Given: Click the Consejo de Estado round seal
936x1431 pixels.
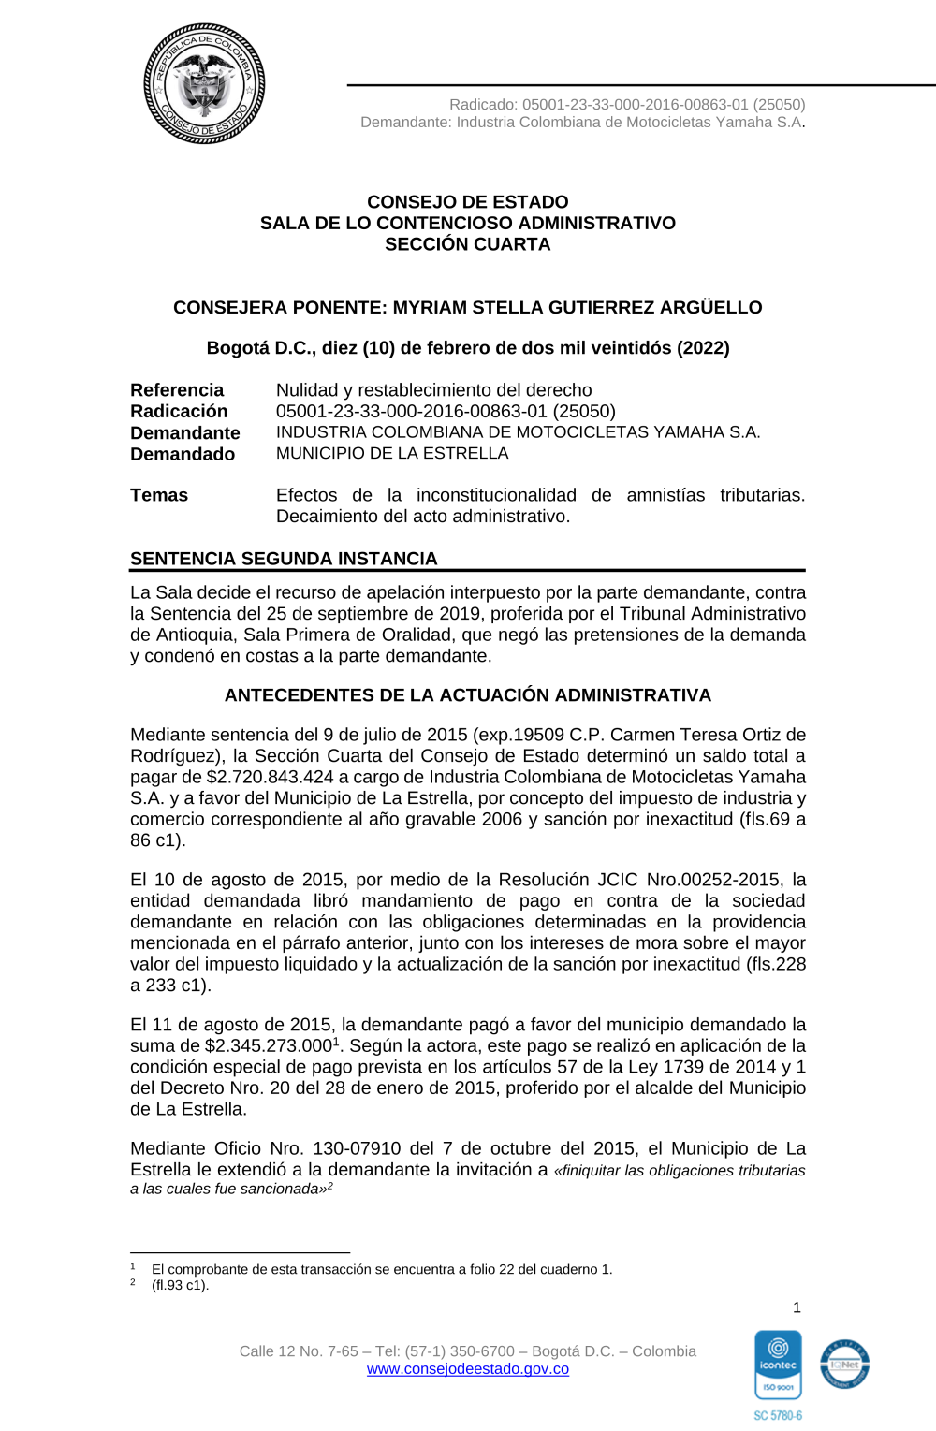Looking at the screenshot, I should tap(204, 84).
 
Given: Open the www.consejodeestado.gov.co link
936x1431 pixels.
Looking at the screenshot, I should tap(468, 1369).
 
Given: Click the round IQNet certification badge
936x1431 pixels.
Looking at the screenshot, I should tap(844, 1364).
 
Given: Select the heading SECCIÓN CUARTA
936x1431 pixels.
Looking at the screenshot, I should tap(468, 244).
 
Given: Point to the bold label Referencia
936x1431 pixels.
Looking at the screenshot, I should tap(177, 390).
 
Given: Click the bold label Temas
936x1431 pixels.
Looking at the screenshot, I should tap(159, 495).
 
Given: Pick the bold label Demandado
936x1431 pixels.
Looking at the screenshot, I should tap(183, 454).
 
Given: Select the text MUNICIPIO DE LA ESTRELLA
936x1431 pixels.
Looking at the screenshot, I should tap(392, 453).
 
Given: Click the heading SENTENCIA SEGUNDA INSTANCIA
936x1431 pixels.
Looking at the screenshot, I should tap(284, 559).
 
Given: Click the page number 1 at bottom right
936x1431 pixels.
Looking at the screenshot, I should tap(797, 1307).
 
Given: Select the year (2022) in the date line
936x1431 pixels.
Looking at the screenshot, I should tap(703, 348).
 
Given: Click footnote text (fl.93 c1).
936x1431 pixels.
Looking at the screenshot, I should tap(181, 1285).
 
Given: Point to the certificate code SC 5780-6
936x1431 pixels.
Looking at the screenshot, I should tap(778, 1416).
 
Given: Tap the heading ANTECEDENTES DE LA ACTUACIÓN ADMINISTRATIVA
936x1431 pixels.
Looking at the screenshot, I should tap(468, 695).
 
